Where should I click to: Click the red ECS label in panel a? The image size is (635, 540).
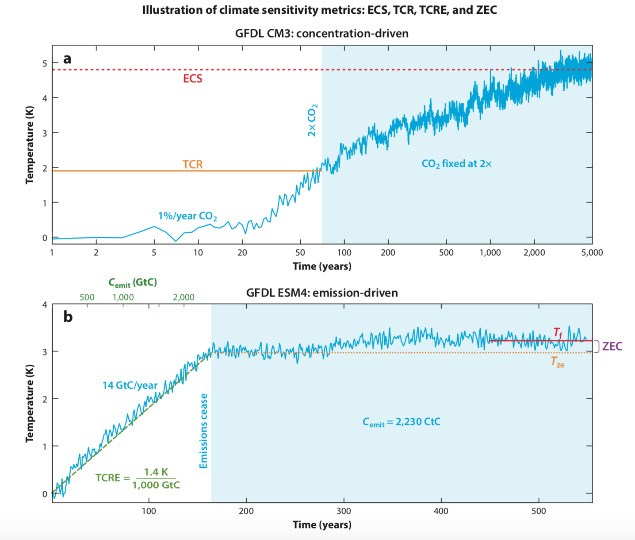[192, 79]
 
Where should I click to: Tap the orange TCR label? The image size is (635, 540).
[192, 164]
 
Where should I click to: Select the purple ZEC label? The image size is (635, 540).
[612, 346]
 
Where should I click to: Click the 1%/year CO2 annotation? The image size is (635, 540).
[187, 216]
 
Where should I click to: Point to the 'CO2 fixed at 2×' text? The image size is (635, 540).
[456, 164]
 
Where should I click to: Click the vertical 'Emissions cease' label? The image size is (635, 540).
[203, 431]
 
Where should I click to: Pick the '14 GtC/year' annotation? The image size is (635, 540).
[130, 385]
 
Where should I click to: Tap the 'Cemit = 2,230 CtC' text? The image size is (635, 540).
[402, 422]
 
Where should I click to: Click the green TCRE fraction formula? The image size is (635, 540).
[138, 478]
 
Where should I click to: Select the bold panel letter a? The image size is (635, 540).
[67, 59]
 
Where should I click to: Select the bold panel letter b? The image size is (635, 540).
[68, 317]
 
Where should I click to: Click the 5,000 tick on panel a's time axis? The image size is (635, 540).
[592, 253]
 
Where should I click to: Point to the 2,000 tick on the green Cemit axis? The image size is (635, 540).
[184, 297]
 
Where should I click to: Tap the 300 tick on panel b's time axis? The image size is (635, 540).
[344, 511]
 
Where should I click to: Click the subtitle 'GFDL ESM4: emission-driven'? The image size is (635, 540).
[322, 293]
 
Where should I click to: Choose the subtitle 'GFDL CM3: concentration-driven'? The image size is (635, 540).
[322, 34]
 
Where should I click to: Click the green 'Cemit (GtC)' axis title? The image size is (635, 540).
[133, 282]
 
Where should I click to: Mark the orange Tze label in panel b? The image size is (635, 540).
[558, 362]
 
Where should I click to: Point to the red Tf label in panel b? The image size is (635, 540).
[558, 332]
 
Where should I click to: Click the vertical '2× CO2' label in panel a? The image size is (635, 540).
[312, 120]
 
